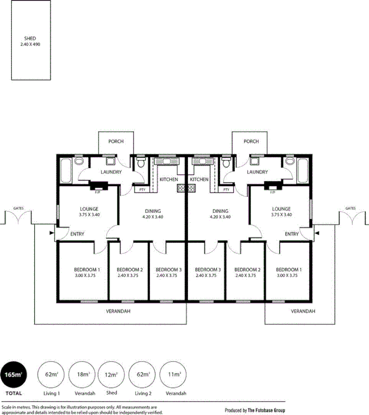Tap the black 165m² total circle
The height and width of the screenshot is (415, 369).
[14, 374]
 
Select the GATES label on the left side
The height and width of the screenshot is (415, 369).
[17, 208]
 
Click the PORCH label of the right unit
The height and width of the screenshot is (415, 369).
[251, 141]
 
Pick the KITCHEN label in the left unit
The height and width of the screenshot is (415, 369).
[169, 179]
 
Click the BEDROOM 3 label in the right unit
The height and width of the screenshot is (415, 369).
[208, 270]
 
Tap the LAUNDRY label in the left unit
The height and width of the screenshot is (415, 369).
[111, 172]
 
